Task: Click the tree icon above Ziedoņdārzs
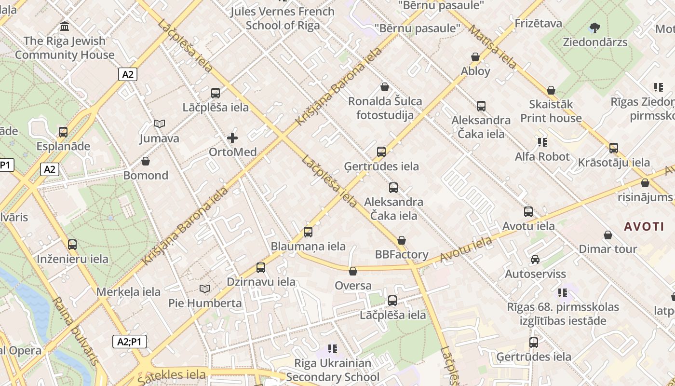(595, 28)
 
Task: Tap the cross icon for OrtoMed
(232, 138)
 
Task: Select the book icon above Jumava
(159, 124)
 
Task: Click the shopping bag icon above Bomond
(146, 161)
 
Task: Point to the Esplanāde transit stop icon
(63, 132)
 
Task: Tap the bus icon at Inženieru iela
(72, 245)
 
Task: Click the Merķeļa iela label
(128, 292)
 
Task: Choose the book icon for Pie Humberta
(205, 289)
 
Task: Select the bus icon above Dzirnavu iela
(261, 267)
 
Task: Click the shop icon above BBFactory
(402, 240)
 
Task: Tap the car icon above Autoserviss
(535, 260)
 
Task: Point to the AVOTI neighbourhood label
(644, 226)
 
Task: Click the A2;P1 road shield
(130, 342)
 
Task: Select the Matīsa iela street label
(492, 46)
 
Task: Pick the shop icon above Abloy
(475, 57)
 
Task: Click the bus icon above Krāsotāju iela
(614, 148)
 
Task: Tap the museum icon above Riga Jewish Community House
(65, 26)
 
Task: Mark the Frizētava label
(538, 23)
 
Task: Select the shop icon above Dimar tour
(608, 235)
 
